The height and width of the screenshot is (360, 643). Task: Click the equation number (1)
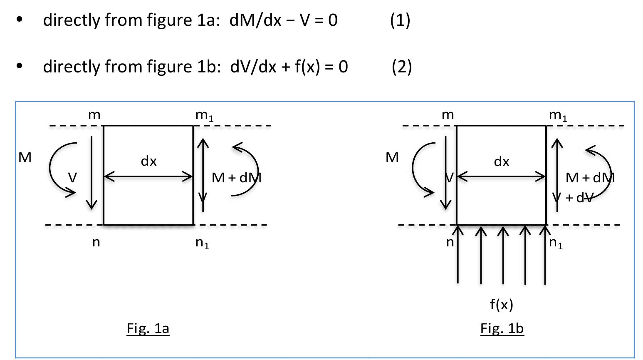400,20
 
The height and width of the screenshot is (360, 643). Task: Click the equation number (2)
401,67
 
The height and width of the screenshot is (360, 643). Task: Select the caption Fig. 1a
148,328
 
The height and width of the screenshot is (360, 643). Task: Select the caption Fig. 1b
502,328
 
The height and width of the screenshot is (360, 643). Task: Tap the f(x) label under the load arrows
502,305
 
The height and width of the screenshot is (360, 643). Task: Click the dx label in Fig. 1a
148,161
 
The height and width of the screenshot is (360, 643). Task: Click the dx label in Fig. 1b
502,161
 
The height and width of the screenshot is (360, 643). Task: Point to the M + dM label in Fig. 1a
236,178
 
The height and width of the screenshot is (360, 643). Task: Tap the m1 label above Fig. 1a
204,115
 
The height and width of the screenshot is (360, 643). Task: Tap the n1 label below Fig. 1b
556,243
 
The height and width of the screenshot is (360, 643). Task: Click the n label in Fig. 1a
96,242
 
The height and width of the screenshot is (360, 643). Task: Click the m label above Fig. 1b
448,115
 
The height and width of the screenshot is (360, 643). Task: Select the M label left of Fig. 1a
25,157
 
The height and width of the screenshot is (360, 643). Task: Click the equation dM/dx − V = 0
283,20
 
